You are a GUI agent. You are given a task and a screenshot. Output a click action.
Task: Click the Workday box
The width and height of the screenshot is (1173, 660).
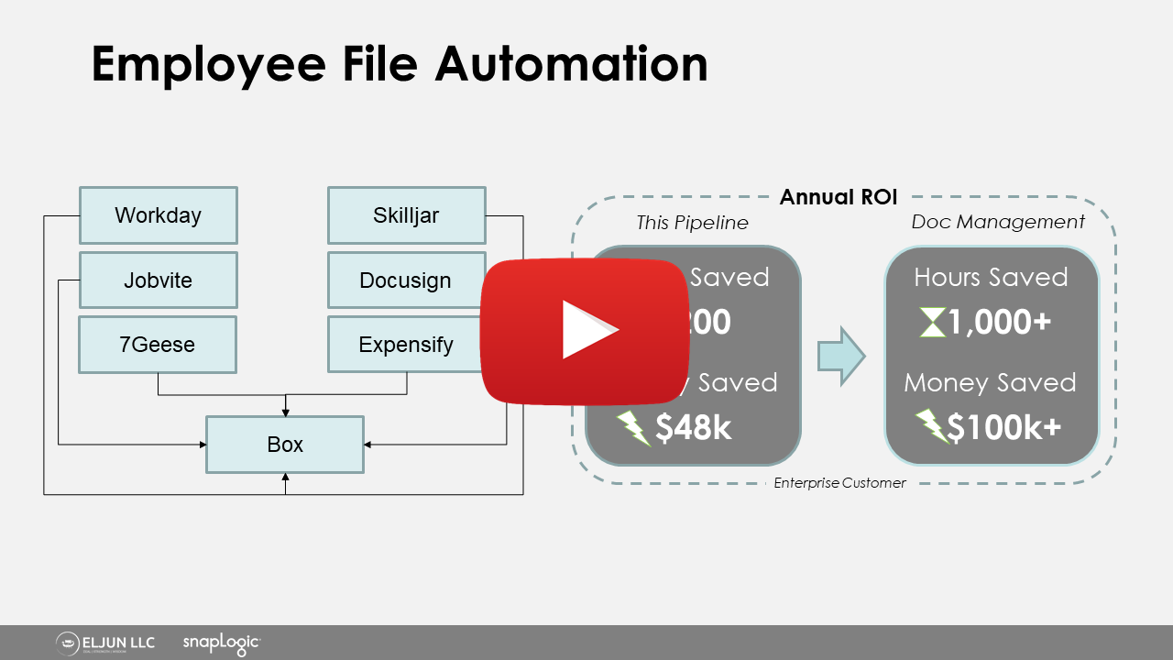pos(158,215)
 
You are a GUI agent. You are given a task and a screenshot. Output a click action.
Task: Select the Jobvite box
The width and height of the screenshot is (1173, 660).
pos(158,280)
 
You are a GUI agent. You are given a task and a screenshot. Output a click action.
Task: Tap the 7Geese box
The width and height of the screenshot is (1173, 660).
pos(158,345)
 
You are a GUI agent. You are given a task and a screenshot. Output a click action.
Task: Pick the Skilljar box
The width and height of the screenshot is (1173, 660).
pos(406,215)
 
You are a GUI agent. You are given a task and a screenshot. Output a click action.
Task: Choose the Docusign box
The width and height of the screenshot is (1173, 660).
pos(405,280)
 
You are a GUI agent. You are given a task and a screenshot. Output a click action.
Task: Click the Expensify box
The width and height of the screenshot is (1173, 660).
pos(405,345)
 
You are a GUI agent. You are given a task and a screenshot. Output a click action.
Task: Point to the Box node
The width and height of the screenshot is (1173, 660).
pos(285,445)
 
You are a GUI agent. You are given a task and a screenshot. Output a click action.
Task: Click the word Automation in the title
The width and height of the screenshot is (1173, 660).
pos(571,64)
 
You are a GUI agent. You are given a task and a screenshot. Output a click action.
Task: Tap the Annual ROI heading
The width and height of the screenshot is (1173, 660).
pos(839,197)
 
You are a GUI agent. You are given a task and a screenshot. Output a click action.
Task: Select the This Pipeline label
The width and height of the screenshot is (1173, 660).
pos(692,223)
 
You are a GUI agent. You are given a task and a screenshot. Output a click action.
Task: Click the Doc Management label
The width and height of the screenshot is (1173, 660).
pos(998,222)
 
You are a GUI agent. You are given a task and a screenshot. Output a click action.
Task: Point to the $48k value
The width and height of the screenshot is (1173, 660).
pos(693,426)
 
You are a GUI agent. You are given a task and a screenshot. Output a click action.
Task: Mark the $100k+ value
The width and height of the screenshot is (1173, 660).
pos(1003,426)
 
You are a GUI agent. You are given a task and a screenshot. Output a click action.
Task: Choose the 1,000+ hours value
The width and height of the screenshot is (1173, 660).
pos(1000,322)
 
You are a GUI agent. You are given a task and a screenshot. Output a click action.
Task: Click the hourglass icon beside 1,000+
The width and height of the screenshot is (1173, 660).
pos(932,323)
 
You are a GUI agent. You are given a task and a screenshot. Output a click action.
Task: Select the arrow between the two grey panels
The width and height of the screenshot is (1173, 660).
pos(841,356)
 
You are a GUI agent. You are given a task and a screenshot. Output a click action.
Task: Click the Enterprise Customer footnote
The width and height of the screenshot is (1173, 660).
pos(839,483)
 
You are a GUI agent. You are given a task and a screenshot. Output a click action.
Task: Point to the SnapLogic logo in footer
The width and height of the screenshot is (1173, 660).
pos(221,643)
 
